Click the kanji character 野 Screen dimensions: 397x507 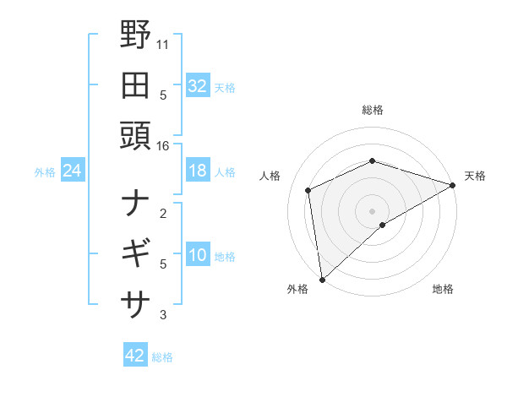tap(135, 36)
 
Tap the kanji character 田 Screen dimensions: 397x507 tap(135, 85)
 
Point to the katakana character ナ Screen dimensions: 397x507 tap(135, 203)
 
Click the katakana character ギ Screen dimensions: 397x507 tap(135, 253)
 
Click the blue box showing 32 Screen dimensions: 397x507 tap(197, 85)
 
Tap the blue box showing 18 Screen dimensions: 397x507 tap(197, 171)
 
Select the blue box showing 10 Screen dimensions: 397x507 tap(197, 256)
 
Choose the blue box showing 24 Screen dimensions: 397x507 tap(72, 171)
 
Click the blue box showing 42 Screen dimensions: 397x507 tap(134, 356)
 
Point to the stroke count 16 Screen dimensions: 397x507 tap(163, 146)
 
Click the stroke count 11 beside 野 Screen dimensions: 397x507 tap(163, 42)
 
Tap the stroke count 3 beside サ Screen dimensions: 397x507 tap(163, 316)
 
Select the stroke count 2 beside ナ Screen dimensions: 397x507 tap(163, 213)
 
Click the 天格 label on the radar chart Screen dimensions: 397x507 tap(475, 176)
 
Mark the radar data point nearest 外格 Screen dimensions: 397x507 tap(322, 280)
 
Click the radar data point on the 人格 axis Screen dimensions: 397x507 tap(308, 190)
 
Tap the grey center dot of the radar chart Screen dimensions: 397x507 tap(372, 210)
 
